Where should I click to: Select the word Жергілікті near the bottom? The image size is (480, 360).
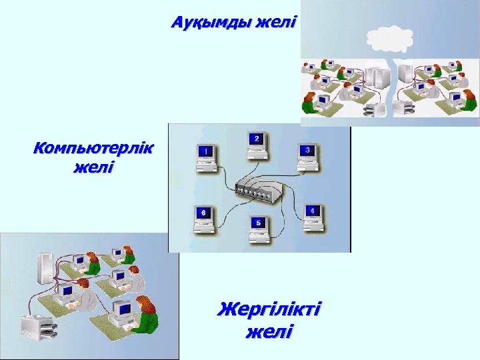click(x=269, y=309)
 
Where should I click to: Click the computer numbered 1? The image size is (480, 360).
click(x=206, y=154)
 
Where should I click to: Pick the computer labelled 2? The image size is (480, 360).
click(x=256, y=143)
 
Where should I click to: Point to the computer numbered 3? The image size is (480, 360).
click(x=307, y=154)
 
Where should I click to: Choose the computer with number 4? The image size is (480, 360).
click(x=312, y=216)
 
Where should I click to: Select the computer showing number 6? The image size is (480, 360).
click(x=203, y=218)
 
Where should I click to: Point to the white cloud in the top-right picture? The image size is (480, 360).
click(x=386, y=37)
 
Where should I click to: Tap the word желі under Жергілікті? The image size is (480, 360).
click(x=269, y=331)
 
